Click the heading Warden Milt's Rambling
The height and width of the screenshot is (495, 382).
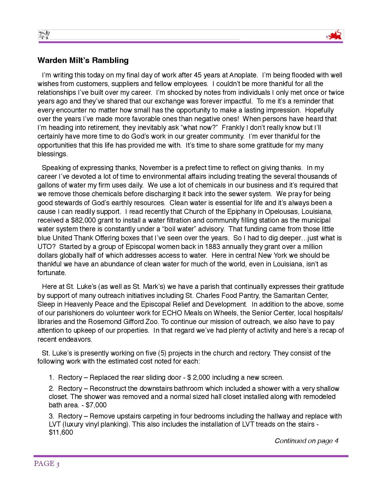(83, 60)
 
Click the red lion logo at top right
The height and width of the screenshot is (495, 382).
(334, 35)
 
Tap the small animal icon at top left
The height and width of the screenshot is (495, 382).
(44, 35)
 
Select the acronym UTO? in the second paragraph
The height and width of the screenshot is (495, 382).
(46, 247)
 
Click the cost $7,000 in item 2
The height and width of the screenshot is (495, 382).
(96, 405)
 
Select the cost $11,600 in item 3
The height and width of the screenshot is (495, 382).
(61, 433)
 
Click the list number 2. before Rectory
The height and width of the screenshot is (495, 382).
(52, 389)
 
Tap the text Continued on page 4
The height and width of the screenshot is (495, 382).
(306, 441)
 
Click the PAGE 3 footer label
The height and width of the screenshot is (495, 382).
(47, 464)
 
